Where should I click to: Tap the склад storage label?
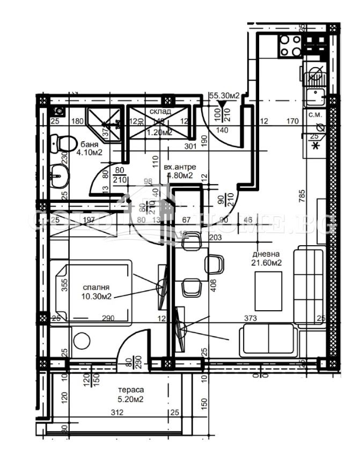pyautogui.click(x=160, y=112)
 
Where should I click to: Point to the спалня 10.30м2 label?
pyautogui.click(x=97, y=291)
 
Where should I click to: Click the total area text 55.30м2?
pyautogui.click(x=224, y=96)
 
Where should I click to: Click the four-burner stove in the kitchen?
pyautogui.click(x=290, y=45)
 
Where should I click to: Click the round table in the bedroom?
pyautogui.click(x=82, y=341)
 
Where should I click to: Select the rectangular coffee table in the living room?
pyautogui.click(x=268, y=291)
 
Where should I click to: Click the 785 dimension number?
pyautogui.click(x=303, y=193)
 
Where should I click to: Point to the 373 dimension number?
pyautogui.click(x=250, y=319)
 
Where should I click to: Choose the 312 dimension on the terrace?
pyautogui.click(x=119, y=413)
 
